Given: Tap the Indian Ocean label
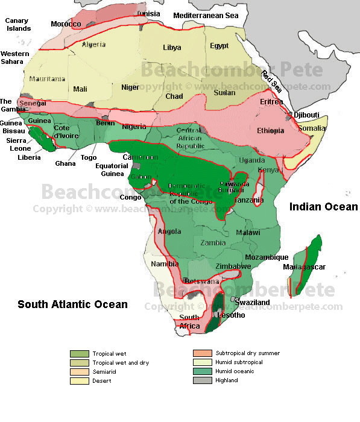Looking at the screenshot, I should click(x=323, y=207).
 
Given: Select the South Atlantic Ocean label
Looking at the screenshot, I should click(x=72, y=304).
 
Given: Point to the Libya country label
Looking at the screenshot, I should click(x=172, y=48).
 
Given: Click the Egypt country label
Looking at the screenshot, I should click(x=219, y=46).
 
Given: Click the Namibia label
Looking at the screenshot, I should click(x=165, y=264).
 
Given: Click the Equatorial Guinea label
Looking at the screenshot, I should click(x=112, y=170).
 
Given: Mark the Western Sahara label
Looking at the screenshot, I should click(x=15, y=57).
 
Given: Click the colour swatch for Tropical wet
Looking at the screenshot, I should click(x=79, y=353).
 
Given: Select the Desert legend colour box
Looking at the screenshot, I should click(x=79, y=380).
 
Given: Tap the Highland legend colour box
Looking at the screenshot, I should click(x=202, y=380).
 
